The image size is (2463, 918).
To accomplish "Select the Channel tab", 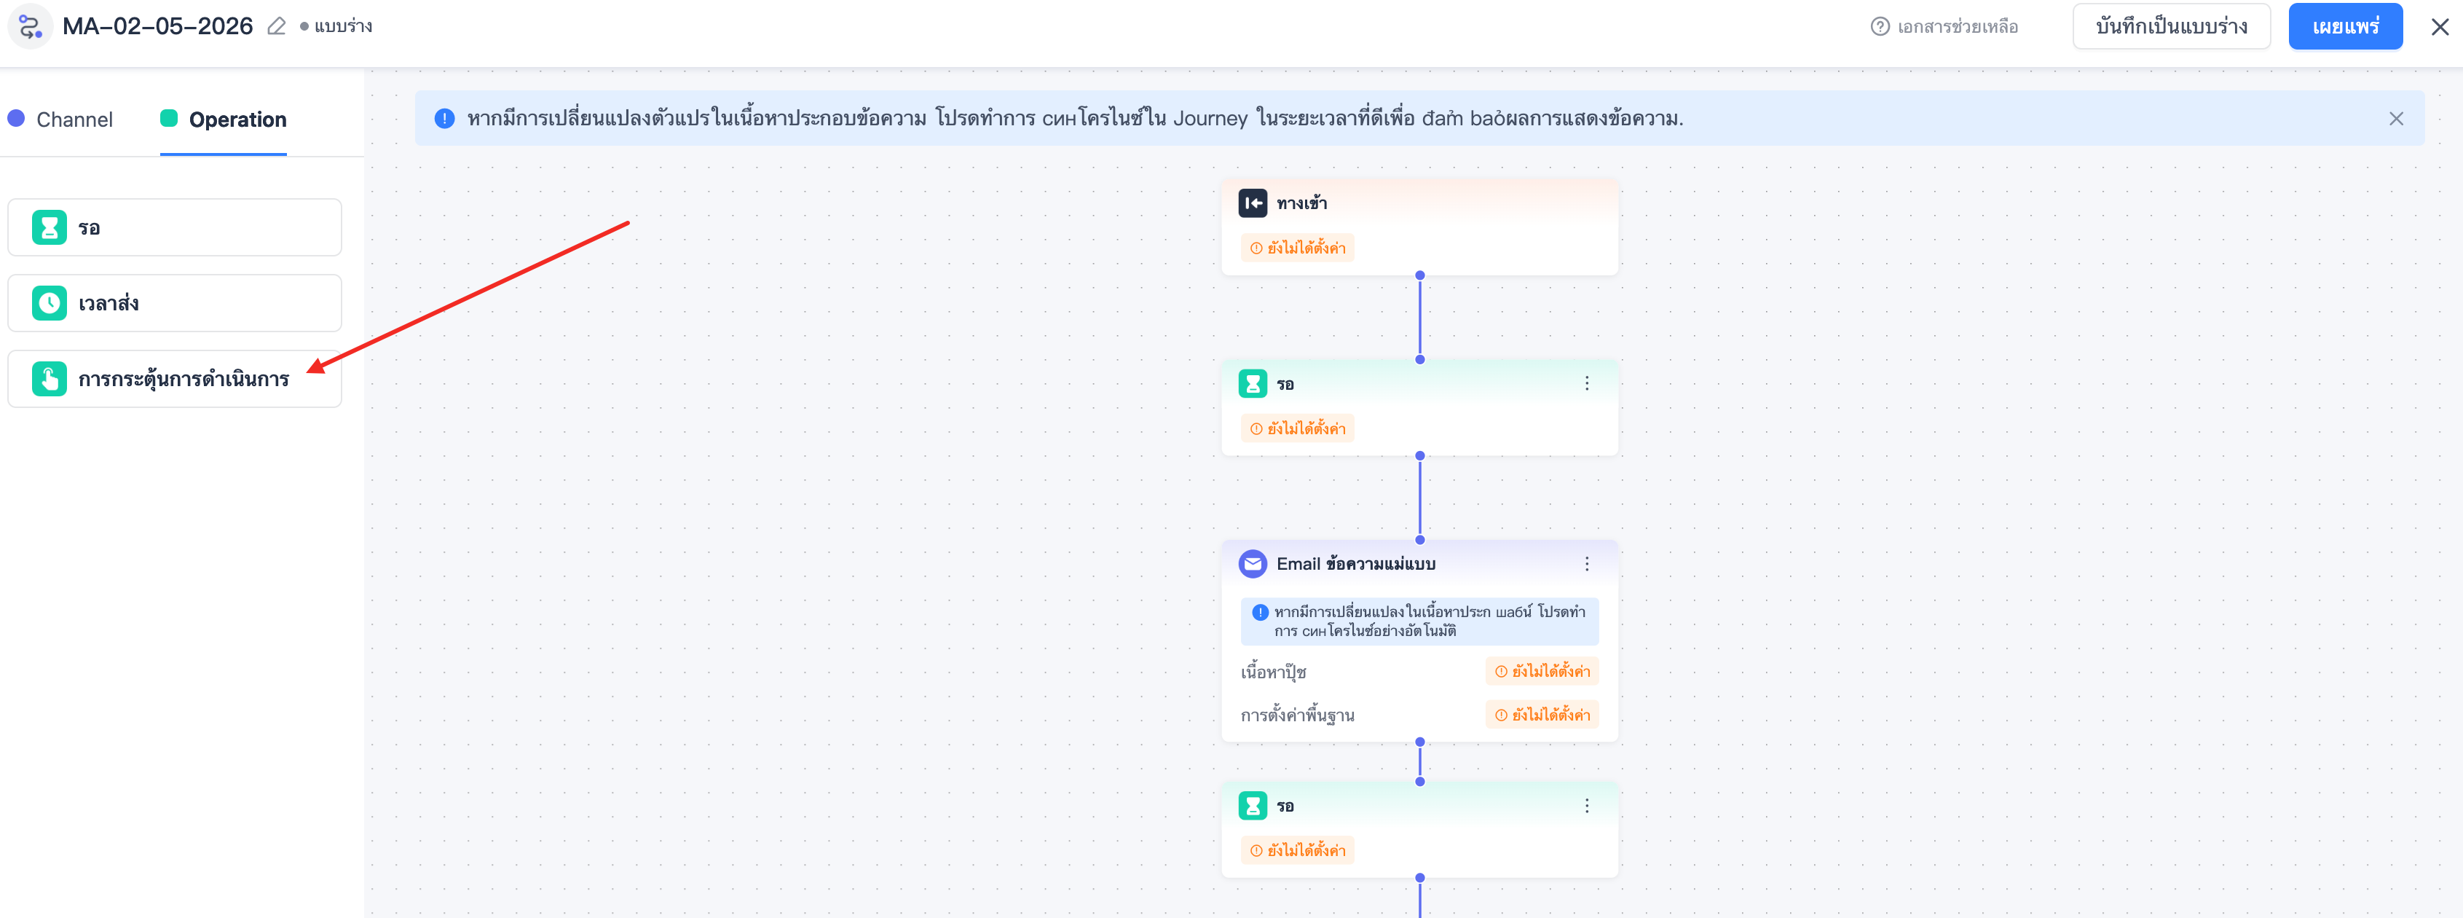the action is tap(60, 119).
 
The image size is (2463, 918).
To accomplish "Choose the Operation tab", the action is tap(224, 119).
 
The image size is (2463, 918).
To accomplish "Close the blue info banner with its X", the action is tap(2395, 119).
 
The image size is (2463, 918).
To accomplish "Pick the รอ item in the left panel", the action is tap(175, 227).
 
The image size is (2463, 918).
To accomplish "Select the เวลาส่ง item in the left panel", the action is tap(175, 303).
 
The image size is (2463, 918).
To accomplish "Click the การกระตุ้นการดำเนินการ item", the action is tap(175, 379).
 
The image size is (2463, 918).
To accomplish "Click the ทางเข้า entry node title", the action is tap(1301, 203).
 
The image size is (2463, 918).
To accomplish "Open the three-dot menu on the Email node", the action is tap(1586, 564).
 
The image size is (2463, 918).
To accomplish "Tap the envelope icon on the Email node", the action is tap(1253, 564).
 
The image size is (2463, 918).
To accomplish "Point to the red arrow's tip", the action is tap(308, 372).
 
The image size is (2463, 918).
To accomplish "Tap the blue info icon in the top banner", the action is tap(444, 119).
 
